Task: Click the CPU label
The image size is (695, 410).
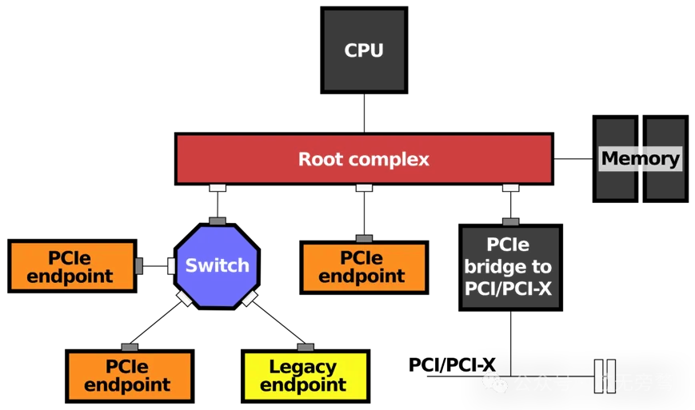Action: (x=364, y=50)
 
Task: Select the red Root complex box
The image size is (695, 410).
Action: (x=364, y=159)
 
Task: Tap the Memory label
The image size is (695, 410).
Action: (x=640, y=158)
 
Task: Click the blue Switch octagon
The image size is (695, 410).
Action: (x=217, y=265)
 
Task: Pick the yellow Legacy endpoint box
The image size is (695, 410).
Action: (x=305, y=376)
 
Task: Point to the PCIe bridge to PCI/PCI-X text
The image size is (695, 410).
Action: (x=508, y=266)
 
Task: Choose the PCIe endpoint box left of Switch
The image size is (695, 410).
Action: (x=72, y=266)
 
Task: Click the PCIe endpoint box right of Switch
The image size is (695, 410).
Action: (x=364, y=267)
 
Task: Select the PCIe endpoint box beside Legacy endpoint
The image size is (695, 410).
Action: (x=130, y=376)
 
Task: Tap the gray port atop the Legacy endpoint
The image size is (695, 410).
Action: (x=305, y=348)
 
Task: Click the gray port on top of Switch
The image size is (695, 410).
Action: (x=217, y=221)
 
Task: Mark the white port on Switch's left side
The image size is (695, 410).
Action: (x=171, y=265)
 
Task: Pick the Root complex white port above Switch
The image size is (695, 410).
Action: (x=217, y=188)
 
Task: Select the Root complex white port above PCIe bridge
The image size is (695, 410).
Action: (x=510, y=188)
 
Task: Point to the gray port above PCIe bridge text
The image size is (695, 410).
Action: (x=510, y=222)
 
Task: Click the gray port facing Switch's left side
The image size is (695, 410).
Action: (x=138, y=266)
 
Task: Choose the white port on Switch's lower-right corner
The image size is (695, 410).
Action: (x=250, y=298)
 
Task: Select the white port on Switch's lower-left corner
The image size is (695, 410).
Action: (x=184, y=298)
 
